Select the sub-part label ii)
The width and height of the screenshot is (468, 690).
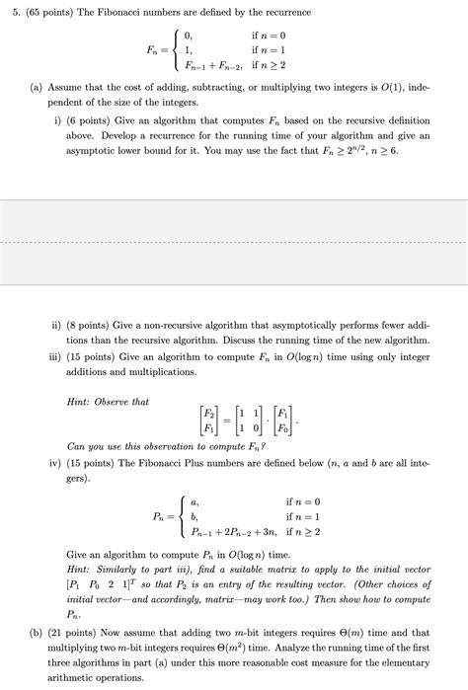(58, 324)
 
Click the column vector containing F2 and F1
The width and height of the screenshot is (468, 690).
(208, 421)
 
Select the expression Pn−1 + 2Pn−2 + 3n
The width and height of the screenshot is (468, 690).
(226, 532)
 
